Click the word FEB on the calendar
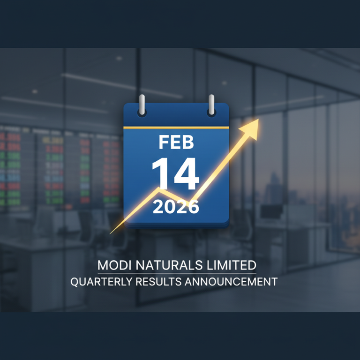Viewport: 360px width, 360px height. tap(176, 142)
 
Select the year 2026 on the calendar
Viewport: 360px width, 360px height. tap(176, 206)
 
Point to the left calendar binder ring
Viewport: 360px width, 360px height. tap(142, 105)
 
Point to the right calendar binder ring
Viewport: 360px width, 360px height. tap(211, 105)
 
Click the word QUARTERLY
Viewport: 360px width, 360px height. tap(98, 282)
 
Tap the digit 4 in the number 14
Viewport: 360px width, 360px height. tap(186, 174)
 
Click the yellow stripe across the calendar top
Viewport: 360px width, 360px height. tap(176, 127)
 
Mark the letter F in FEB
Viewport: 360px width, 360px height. tap(164, 142)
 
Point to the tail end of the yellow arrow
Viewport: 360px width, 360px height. tap(111, 232)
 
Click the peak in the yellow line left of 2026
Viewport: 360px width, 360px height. tap(159, 190)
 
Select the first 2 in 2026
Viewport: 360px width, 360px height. tap(158, 206)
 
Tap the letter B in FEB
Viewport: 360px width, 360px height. tap(188, 142)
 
